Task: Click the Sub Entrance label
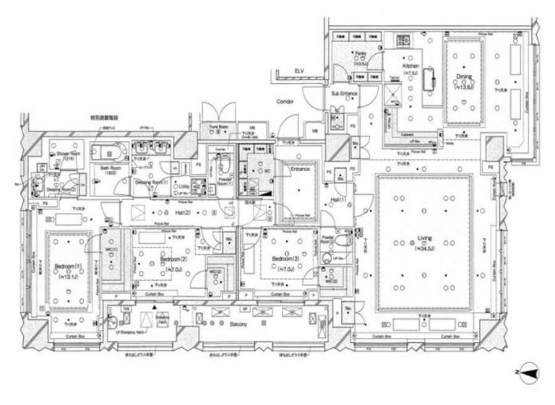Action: click(345, 94)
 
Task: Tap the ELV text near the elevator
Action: click(298, 70)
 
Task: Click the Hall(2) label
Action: click(182, 213)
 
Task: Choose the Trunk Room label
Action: click(219, 127)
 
